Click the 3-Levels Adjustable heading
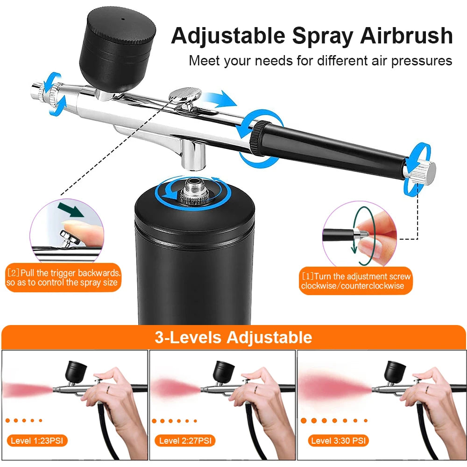pos(233,337)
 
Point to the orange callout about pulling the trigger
pos(64,278)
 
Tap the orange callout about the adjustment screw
pos(356,282)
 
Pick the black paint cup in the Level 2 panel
pos(224,371)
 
